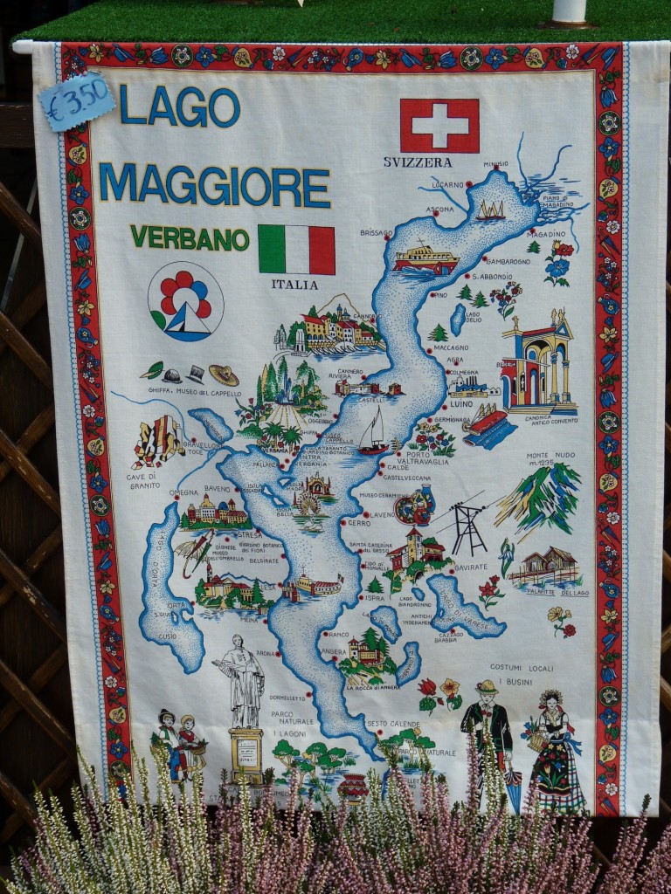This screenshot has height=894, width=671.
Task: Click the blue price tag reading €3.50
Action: (77, 101)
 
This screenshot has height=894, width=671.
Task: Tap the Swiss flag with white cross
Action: (439, 126)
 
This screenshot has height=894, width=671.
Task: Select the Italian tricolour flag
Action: (296, 250)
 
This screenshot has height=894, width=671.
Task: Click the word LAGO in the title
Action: (179, 107)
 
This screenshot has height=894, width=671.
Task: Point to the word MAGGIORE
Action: (214, 184)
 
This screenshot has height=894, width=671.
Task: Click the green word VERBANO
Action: (190, 237)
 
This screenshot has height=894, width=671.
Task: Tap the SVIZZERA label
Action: (417, 162)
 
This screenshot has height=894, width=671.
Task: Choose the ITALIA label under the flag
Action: (294, 285)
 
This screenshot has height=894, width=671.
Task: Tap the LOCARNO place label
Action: (447, 185)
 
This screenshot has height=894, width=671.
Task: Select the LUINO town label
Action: (460, 404)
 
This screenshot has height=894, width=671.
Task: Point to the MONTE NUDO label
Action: (550, 456)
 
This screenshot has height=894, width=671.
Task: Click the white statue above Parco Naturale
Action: (242, 681)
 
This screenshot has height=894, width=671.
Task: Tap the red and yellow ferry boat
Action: (425, 258)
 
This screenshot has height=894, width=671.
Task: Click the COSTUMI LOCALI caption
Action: (522, 667)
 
